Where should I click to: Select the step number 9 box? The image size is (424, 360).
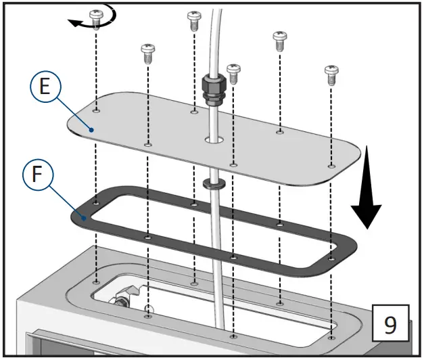[390, 325]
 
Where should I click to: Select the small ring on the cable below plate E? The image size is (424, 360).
[213, 183]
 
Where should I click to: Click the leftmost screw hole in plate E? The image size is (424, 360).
[97, 110]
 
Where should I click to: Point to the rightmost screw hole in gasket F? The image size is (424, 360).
[331, 258]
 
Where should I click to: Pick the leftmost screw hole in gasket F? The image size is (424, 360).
[97, 202]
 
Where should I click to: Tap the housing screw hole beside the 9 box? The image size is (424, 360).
[331, 337]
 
